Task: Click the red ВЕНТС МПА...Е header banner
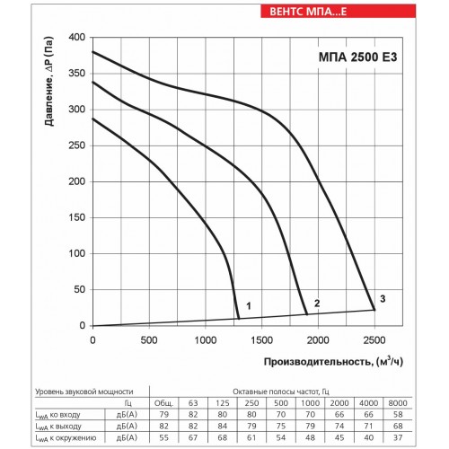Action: point(338,12)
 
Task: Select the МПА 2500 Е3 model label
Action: point(357,57)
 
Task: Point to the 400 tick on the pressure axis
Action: point(77,38)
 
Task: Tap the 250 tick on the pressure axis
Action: point(77,145)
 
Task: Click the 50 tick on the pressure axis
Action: point(79,289)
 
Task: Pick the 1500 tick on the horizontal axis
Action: point(261,340)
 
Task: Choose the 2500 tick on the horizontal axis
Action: point(374,340)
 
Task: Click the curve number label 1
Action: point(249,306)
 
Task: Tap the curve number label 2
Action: point(317,304)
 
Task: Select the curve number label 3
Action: point(383,299)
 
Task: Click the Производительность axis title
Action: point(333,362)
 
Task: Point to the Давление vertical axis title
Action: point(49,82)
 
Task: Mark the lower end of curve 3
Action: point(374,310)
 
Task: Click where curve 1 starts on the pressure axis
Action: point(92,119)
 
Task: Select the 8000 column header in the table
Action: point(398,403)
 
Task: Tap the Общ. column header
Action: point(163,403)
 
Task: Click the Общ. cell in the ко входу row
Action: point(164,415)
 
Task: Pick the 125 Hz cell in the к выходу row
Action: point(223,426)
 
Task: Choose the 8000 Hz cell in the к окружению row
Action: point(398,437)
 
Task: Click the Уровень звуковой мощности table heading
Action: point(84,392)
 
